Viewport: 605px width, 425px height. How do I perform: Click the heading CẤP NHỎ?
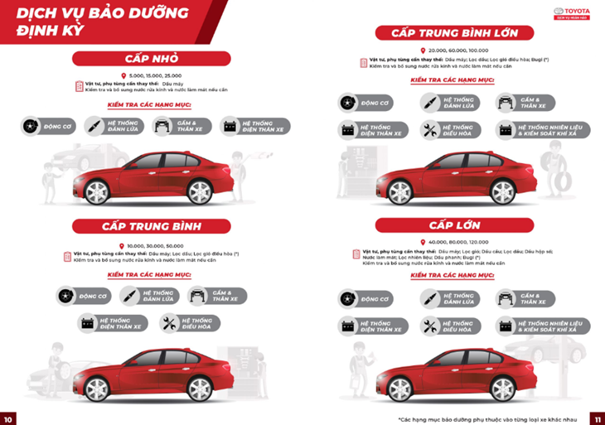(151, 58)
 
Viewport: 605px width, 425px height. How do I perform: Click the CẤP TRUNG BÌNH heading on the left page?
(151, 226)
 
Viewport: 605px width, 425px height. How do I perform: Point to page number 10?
(9, 417)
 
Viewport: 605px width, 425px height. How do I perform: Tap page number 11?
(595, 417)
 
